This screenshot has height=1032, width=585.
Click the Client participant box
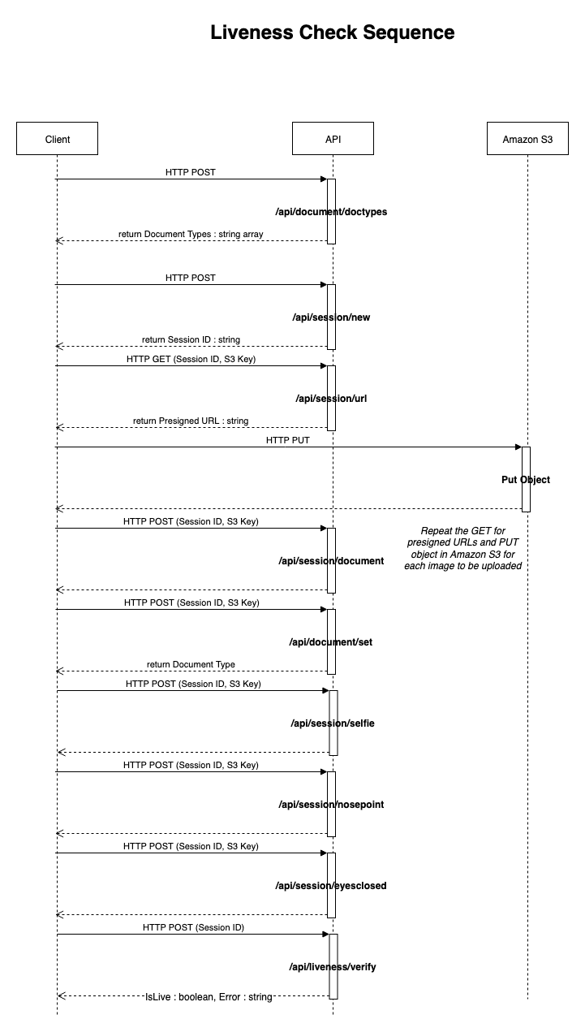(57, 138)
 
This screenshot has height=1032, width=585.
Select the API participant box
(333, 138)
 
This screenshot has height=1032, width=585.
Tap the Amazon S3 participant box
(527, 138)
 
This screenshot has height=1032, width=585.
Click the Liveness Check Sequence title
(333, 32)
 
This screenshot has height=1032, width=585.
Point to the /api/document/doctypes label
(331, 212)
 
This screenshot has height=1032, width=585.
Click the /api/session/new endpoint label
(331, 317)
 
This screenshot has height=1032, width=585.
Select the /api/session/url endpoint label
(331, 399)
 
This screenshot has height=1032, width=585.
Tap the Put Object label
(526, 480)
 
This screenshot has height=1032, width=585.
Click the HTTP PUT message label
(288, 440)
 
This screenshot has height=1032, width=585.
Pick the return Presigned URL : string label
(191, 421)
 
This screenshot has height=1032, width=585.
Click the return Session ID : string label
(191, 339)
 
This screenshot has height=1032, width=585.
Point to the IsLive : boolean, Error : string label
(209, 997)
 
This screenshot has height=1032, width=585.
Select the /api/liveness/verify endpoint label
(333, 966)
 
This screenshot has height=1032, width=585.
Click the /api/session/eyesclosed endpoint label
(331, 886)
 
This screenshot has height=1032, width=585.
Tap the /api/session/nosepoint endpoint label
(331, 805)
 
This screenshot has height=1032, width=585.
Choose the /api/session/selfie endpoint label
(333, 723)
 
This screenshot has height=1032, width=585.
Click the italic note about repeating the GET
(463, 548)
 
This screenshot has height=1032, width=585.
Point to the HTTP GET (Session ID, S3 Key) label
(191, 360)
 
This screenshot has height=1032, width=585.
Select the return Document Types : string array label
(191, 234)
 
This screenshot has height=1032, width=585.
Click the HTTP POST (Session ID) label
(193, 927)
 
